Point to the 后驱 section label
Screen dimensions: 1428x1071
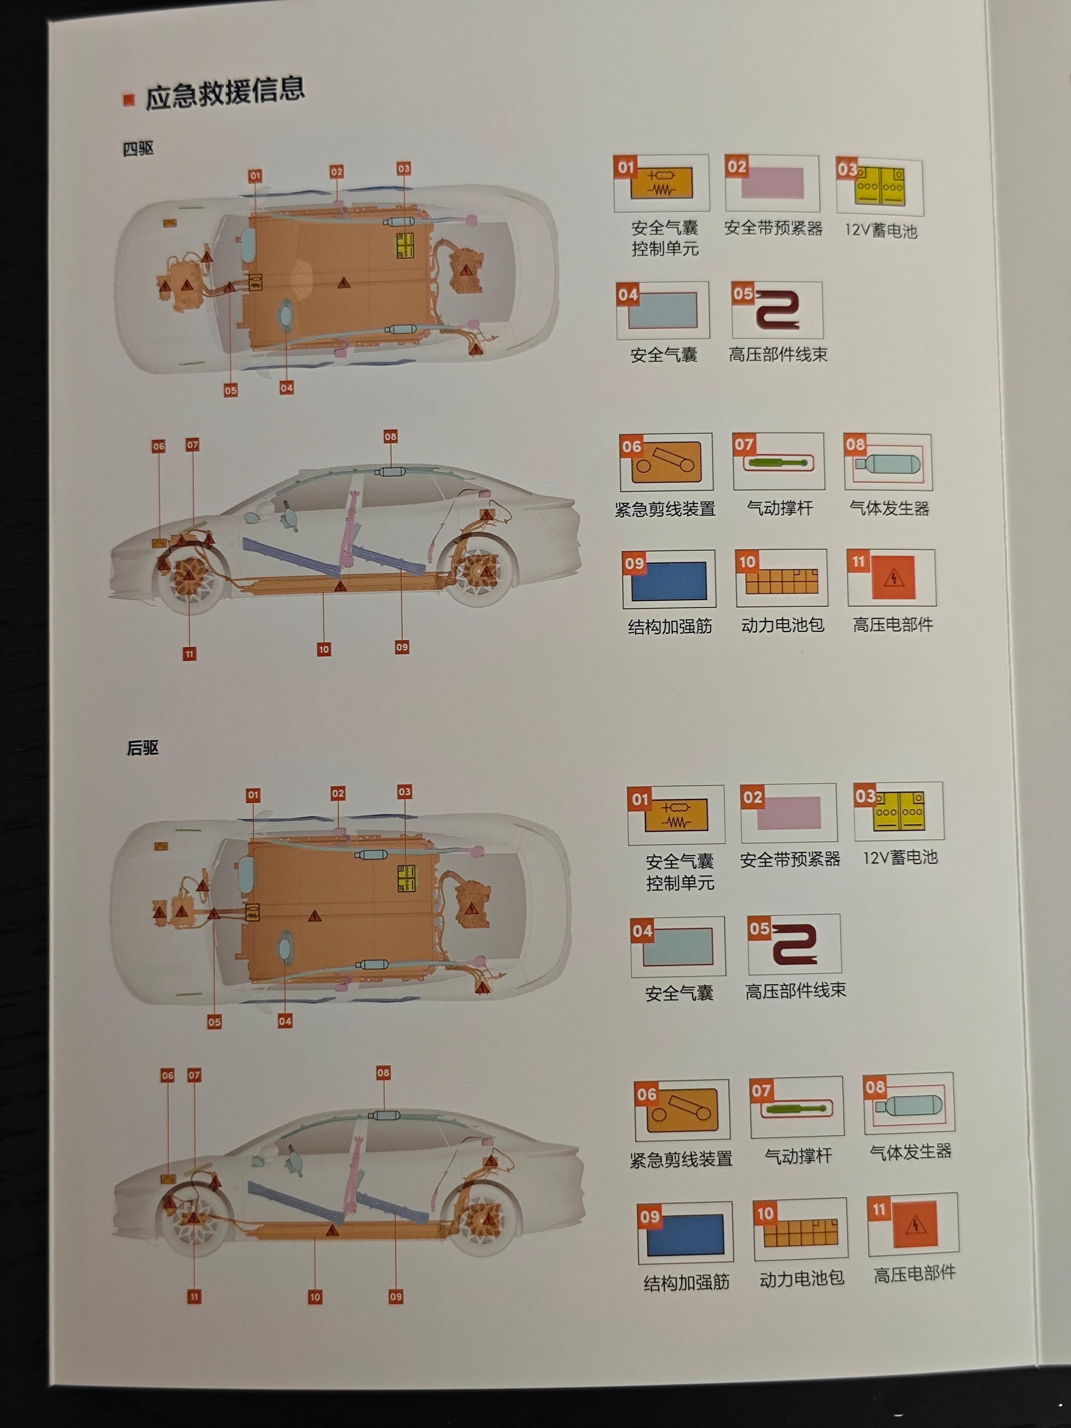point(143,747)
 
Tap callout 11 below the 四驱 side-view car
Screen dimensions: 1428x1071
point(189,654)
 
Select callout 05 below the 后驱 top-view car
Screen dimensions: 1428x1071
point(214,1022)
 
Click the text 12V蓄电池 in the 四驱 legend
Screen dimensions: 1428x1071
point(881,230)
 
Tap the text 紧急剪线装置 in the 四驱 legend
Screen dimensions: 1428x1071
point(665,509)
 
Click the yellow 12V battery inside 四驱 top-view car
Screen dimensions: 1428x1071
point(405,246)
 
